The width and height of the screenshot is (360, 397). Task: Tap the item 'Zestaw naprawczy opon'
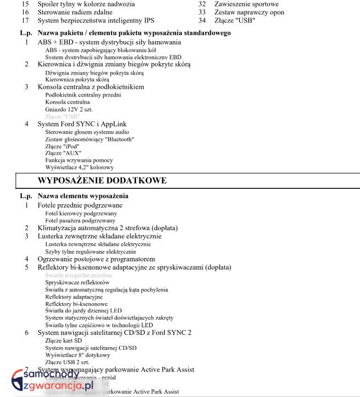(x=249, y=12)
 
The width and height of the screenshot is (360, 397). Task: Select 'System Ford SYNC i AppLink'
(x=82, y=124)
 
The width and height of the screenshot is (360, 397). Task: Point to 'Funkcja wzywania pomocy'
(x=74, y=160)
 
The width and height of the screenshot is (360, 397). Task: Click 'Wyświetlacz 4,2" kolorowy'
(x=79, y=167)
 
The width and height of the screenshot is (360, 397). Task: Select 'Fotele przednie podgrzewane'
(x=80, y=205)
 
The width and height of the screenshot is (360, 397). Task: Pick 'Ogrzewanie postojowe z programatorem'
(x=96, y=259)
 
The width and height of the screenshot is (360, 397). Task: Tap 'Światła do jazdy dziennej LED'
(x=83, y=310)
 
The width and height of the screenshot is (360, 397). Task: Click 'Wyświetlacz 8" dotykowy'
(x=76, y=355)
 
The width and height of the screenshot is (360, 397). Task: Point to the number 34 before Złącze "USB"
(x=202, y=20)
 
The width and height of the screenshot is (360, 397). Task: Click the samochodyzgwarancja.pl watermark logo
(x=52, y=381)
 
